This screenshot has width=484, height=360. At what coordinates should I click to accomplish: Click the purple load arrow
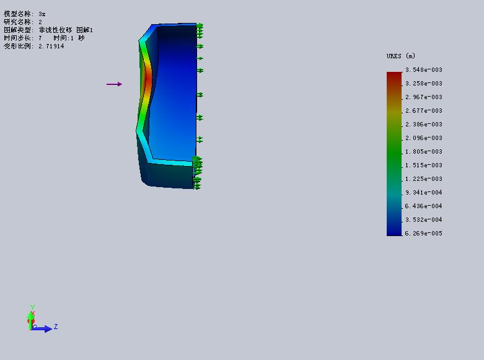click(x=114, y=84)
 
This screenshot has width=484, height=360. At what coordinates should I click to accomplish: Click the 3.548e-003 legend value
click(x=424, y=70)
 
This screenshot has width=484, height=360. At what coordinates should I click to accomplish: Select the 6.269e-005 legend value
click(x=423, y=234)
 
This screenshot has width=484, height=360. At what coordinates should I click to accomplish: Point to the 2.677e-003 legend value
click(x=424, y=110)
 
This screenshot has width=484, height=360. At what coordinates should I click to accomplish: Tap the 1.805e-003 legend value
click(x=424, y=152)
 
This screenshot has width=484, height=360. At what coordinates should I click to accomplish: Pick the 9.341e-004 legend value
click(x=424, y=192)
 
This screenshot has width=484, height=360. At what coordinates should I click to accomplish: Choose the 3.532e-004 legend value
click(x=424, y=219)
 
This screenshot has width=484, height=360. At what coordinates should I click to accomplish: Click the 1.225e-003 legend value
click(x=424, y=179)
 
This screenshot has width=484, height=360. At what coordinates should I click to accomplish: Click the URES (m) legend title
click(x=401, y=56)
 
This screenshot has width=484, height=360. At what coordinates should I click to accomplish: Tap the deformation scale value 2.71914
click(x=51, y=46)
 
